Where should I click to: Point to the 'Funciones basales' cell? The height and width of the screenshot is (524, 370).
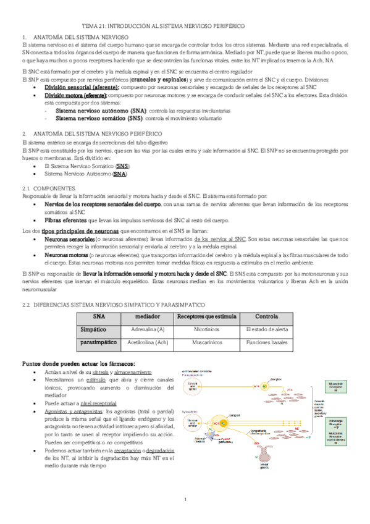(x=266, y=342)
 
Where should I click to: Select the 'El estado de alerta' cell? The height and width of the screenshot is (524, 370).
(x=266, y=329)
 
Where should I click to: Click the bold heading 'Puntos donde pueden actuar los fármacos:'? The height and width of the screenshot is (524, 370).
(x=78, y=363)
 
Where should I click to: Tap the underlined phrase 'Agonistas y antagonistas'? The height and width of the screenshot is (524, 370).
(x=72, y=410)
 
